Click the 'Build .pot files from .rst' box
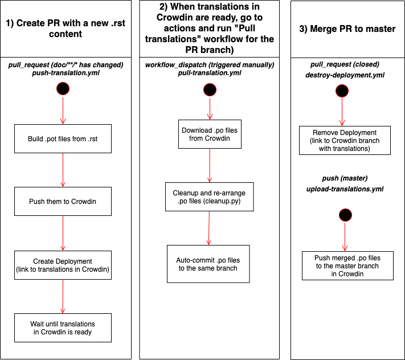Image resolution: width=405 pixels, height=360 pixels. coord(62,138)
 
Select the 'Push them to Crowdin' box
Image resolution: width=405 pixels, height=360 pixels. coord(62,201)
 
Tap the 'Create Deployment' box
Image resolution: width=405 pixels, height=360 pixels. coord(62,265)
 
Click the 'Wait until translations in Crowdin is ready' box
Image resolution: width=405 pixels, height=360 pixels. coord(62,328)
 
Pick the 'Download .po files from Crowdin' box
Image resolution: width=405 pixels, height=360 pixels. coord(210,134)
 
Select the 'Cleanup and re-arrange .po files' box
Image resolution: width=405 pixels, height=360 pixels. coord(210,197)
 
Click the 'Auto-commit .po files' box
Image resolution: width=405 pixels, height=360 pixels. coord(208,264)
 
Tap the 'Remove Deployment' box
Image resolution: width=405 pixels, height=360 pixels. coord(345,141)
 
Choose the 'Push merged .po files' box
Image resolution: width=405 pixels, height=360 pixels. coord(347,265)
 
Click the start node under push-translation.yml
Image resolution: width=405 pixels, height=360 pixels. coord(62,88)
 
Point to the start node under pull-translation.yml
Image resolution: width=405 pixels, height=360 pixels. coord(210,90)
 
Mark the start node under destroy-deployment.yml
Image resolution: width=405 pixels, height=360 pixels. coord(342,90)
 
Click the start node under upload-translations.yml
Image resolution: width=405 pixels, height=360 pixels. coord(345,215)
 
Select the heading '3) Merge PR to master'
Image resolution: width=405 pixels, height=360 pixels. coord(347,28)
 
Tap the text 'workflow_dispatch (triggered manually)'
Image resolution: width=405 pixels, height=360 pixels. coord(210,65)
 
